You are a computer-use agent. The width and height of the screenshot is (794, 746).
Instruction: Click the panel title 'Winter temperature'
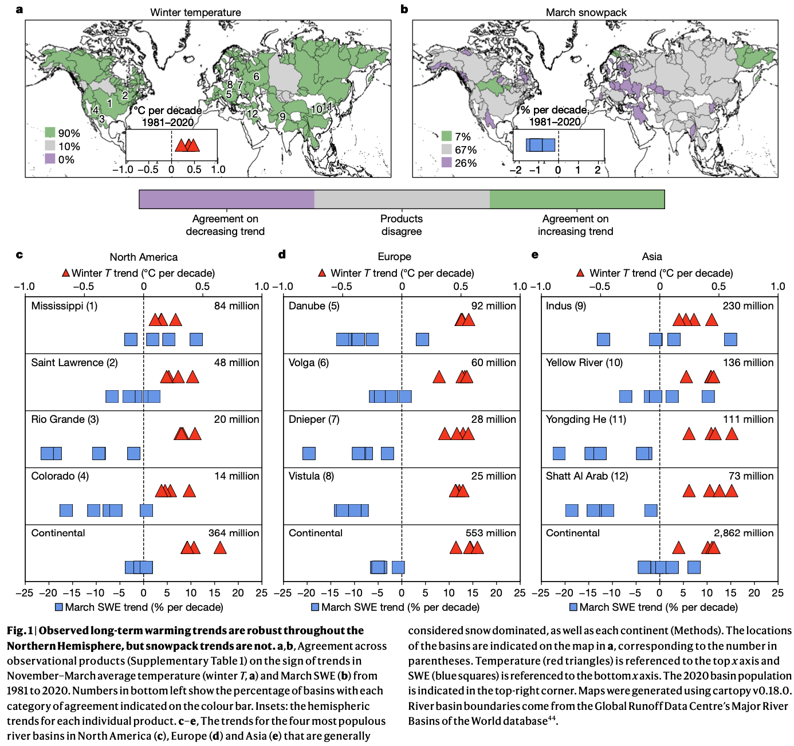point(195,12)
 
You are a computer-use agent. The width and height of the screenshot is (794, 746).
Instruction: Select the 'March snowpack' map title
point(586,12)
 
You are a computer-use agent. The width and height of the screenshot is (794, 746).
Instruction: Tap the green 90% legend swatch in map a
point(50,133)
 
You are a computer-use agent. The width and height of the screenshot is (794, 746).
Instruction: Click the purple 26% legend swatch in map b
point(447,163)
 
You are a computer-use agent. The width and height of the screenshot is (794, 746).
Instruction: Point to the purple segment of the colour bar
point(226,199)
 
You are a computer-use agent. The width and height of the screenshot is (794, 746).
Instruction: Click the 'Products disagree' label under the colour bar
point(401,225)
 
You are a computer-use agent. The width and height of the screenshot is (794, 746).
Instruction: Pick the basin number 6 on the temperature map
point(256,77)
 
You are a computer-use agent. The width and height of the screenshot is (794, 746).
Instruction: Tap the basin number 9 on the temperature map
point(282,117)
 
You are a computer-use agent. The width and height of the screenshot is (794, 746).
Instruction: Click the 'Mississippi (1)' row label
point(64,306)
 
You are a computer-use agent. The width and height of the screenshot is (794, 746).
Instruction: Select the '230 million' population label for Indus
point(748,306)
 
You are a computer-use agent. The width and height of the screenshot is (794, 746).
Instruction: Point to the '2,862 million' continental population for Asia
point(743,533)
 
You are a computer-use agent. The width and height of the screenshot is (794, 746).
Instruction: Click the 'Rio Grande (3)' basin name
point(65,419)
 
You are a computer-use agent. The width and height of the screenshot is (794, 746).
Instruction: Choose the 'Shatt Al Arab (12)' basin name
point(587,476)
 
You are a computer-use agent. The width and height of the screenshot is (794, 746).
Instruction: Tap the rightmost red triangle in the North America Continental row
point(219,548)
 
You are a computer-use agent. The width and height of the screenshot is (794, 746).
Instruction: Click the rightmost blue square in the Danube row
point(422,339)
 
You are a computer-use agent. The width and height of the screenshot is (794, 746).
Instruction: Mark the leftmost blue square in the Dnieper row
point(309,454)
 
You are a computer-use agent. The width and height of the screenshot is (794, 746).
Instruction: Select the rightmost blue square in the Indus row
point(730,339)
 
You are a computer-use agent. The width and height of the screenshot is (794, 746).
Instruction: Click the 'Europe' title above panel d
point(394,257)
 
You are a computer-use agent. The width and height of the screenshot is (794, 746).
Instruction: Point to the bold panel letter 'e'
point(535,255)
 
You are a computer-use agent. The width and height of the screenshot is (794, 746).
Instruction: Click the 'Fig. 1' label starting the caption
point(19,631)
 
